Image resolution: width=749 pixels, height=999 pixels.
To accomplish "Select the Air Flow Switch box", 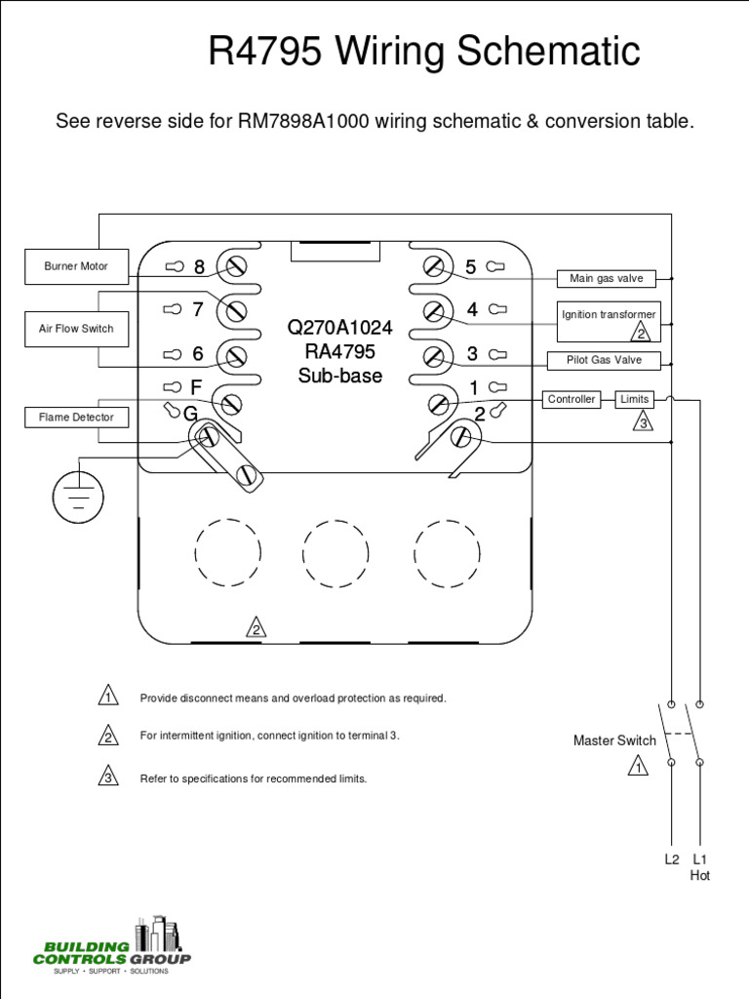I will point(76,329).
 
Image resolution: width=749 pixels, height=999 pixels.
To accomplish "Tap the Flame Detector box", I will point(76,418).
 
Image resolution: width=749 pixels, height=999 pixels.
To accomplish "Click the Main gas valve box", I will point(606,278).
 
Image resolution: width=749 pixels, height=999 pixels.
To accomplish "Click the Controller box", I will point(572,399).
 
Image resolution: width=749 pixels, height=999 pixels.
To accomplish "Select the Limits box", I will point(635,399).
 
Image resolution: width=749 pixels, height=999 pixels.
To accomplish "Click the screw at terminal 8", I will point(235,266).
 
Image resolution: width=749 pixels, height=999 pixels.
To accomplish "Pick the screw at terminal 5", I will point(435,266).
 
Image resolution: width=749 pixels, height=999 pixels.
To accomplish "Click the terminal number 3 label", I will point(472,354).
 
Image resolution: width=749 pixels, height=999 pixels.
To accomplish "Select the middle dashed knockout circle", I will point(335,552).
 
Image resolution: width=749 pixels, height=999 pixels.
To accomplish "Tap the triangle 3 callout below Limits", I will point(643,422).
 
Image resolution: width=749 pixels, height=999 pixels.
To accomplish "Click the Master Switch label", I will point(614,740).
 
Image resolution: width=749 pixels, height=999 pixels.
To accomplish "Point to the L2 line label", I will point(672,859).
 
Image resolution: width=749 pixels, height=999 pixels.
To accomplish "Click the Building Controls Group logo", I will point(112,945).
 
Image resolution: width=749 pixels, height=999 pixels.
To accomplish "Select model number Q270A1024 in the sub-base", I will point(339,328).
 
